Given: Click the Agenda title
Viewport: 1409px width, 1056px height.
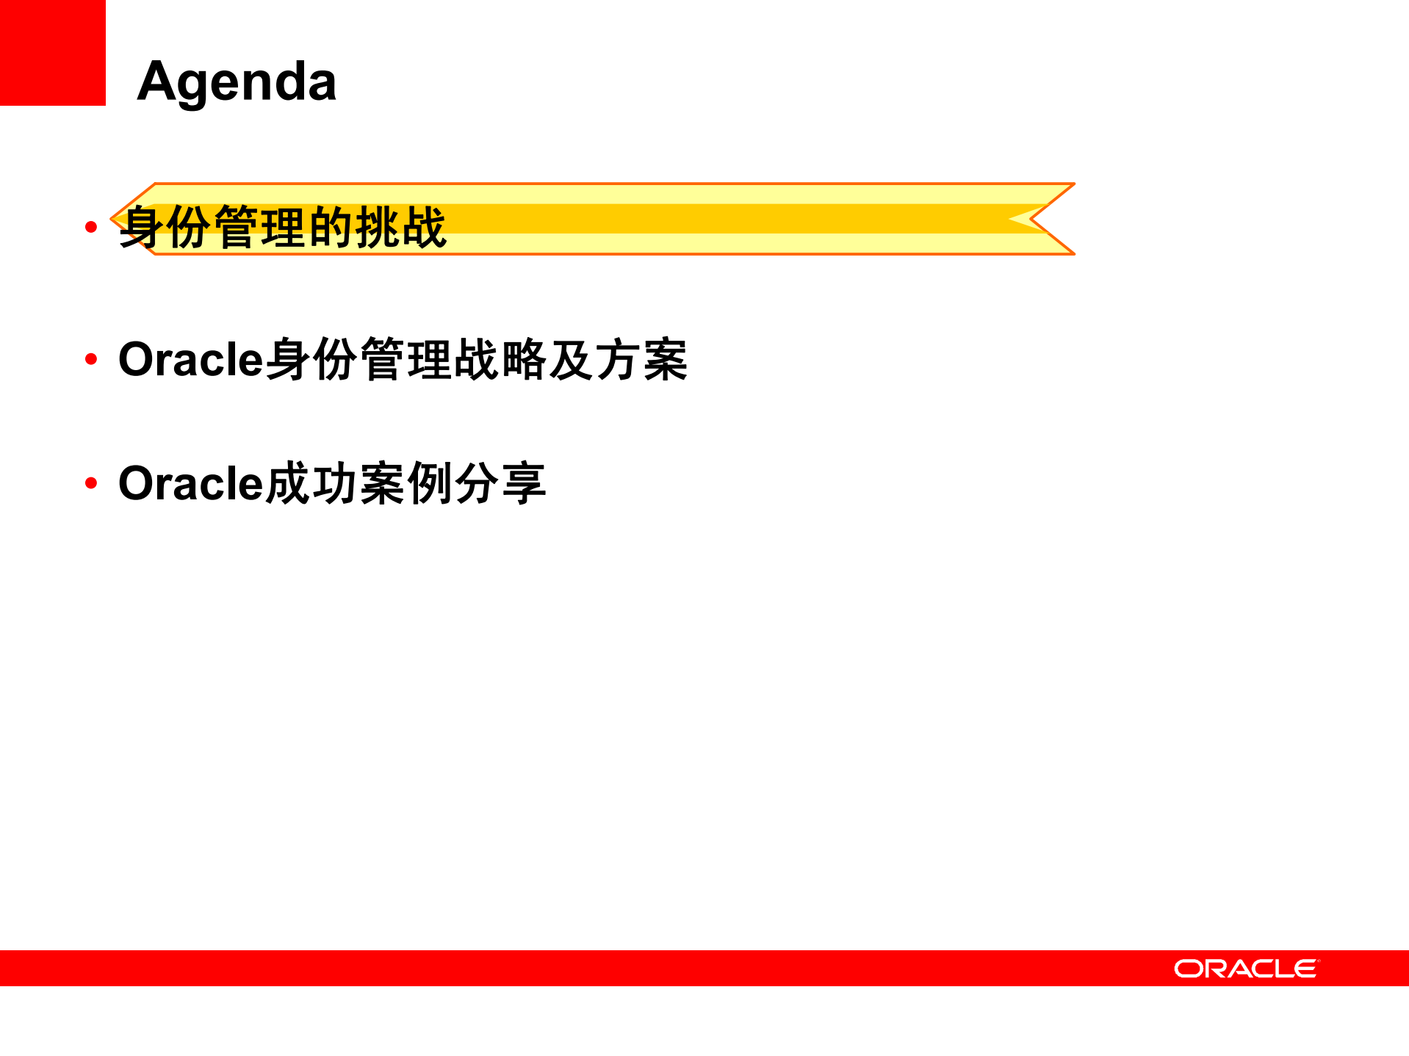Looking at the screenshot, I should coord(237,81).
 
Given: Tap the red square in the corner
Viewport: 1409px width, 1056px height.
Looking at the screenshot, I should coord(52,52).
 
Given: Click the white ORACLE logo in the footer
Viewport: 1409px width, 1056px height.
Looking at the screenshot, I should coord(1246,969).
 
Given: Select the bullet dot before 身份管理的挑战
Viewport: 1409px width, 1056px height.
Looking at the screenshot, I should coord(91,227).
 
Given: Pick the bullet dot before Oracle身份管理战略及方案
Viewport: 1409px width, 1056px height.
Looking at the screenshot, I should coord(91,359).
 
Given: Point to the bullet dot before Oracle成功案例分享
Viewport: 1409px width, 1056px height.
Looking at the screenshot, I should coord(91,483).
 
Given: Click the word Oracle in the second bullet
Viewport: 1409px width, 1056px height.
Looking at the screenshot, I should coord(190,359).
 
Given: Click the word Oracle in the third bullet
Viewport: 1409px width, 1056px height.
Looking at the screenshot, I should coord(190,483).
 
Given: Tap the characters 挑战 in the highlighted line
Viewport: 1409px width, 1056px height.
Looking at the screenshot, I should coord(400,227).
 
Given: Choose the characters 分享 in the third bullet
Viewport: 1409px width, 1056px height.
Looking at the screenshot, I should coord(500,483).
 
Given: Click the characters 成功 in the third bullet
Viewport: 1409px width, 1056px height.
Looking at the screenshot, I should coord(311,483).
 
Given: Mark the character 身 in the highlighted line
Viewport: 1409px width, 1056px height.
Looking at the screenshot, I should coord(143,227).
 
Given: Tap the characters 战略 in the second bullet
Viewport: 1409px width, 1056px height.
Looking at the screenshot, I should coord(500,359).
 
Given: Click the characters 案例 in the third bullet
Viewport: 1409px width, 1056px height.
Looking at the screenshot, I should coord(406,483).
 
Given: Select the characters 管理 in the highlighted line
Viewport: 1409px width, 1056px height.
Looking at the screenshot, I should coord(260,227).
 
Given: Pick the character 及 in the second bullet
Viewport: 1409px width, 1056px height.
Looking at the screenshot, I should coord(571,359).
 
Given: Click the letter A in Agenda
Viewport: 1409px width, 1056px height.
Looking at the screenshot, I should coord(157,81).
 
